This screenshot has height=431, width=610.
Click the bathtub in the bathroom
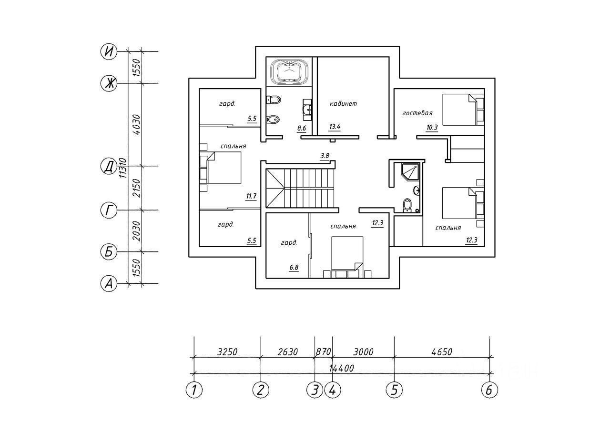pos(289,72)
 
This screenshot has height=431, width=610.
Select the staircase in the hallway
pos(301,188)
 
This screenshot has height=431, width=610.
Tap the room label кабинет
pos(343,103)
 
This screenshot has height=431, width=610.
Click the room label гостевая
pos(417,113)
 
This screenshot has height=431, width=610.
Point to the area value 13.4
pos(335,127)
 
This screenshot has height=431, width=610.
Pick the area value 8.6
pos(302,128)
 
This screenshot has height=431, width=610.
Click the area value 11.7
pos(251,196)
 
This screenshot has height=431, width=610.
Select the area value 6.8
pos(294,267)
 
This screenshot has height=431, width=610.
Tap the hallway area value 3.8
pos(325,155)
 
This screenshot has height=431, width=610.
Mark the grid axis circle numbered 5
pos(394,390)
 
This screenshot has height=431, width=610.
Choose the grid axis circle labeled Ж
pos(109,84)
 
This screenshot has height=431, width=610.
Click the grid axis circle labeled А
pos(109,284)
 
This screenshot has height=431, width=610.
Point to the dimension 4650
pos(441,352)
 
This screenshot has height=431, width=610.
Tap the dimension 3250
pos(227,352)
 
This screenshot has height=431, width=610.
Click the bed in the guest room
pos(460,109)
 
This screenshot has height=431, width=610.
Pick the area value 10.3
pos(432,127)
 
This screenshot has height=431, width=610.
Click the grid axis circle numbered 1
pos(194,390)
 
